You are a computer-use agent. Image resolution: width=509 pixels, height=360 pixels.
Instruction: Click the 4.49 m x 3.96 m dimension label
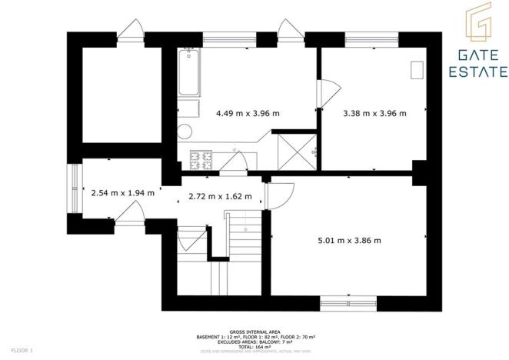[x=248, y=113]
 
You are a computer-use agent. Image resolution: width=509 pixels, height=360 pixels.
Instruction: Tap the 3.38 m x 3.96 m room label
[x=374, y=113]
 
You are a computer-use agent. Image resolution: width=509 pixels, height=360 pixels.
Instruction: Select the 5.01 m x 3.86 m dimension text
[x=349, y=240]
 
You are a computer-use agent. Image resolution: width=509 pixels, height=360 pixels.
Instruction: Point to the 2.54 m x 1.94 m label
[x=123, y=193]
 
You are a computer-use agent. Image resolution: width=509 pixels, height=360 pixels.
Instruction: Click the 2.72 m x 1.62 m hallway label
[x=220, y=196]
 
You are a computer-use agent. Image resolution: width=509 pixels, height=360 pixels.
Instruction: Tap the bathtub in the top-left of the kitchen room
[x=188, y=74]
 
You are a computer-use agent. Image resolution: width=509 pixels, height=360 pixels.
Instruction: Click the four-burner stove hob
[x=202, y=158]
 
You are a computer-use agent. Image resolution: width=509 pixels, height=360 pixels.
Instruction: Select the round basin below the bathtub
[x=185, y=130]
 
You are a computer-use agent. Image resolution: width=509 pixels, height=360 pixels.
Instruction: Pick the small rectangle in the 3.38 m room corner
[x=418, y=70]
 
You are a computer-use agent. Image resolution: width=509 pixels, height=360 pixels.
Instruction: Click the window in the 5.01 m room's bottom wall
[x=348, y=302]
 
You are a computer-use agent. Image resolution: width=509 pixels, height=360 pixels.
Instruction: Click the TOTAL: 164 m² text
[x=254, y=346]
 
